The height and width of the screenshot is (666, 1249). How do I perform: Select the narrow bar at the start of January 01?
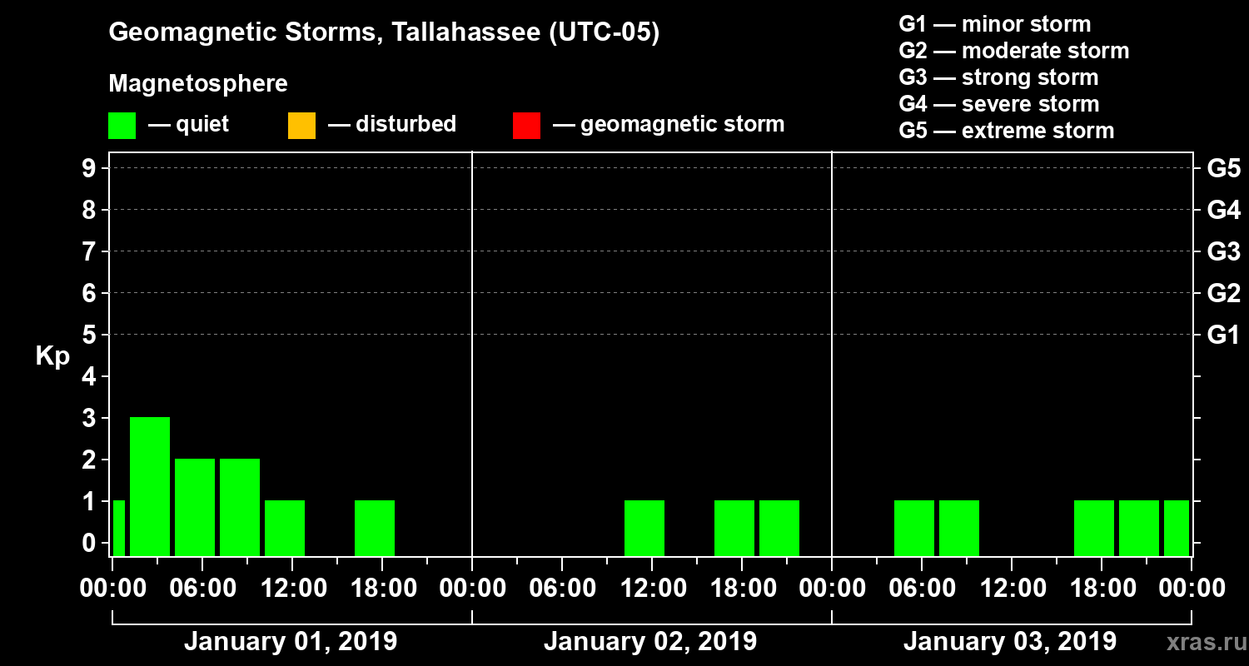[118, 528]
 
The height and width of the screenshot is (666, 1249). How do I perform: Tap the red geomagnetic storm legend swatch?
[526, 125]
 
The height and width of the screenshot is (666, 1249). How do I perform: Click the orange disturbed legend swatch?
[301, 125]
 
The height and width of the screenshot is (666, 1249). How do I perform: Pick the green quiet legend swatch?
[122, 125]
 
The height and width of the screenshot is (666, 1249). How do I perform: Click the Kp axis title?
[52, 355]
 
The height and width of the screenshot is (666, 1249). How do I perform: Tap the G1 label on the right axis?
[1223, 335]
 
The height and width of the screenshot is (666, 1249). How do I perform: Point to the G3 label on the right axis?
[1223, 251]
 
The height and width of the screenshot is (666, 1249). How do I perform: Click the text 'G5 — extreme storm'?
[1006, 131]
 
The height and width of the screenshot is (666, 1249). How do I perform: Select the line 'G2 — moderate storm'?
[1013, 51]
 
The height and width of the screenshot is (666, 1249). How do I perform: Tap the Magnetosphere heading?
[198, 84]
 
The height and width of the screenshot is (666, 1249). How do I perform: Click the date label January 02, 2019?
[650, 642]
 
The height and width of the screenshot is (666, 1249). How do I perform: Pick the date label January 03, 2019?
[1010, 642]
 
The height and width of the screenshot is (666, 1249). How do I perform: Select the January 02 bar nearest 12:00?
[644, 528]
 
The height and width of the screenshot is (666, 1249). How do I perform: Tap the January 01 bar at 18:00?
[375, 528]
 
